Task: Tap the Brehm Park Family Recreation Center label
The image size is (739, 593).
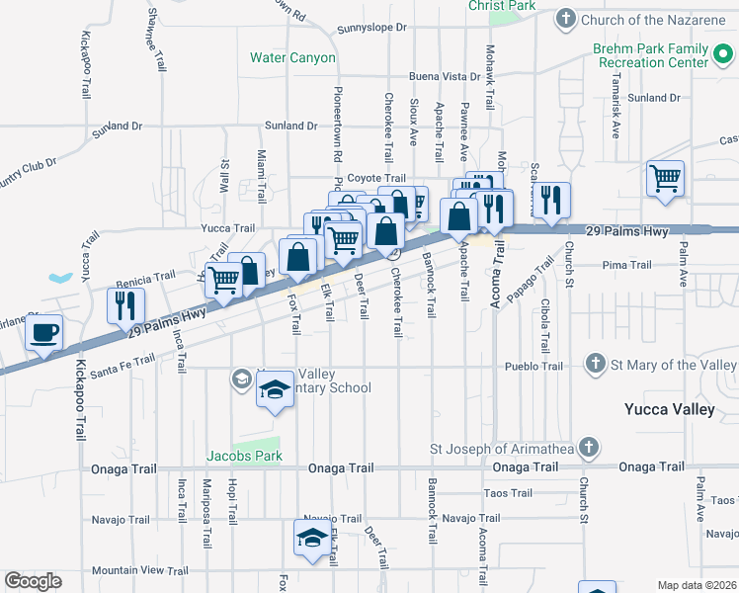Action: click(651, 55)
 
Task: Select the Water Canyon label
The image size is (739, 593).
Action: click(292, 58)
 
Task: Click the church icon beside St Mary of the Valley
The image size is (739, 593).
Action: click(595, 365)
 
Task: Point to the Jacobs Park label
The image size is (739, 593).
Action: click(244, 457)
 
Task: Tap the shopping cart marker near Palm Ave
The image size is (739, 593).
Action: click(666, 180)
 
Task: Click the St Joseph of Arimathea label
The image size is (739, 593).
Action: click(503, 448)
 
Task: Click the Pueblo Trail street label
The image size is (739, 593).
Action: click(533, 366)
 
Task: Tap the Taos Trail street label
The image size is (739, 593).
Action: click(508, 493)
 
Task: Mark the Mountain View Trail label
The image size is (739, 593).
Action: click(139, 570)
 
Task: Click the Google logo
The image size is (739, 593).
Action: click(34, 581)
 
